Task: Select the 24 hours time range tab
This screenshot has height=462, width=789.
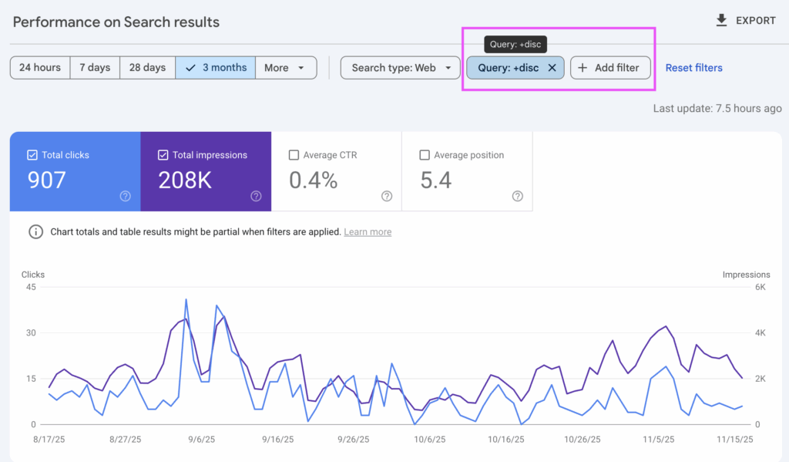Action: (x=40, y=68)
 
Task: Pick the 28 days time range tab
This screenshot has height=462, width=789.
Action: (x=147, y=68)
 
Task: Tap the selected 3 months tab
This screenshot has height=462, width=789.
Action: (x=216, y=68)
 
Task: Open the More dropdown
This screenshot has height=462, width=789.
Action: (x=285, y=68)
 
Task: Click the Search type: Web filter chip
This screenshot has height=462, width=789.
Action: (x=400, y=68)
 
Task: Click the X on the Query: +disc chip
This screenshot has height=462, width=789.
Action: (x=552, y=68)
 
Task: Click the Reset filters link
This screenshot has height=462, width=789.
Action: (x=693, y=68)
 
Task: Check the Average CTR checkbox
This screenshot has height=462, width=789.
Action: (x=294, y=155)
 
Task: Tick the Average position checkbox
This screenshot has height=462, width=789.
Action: (x=425, y=155)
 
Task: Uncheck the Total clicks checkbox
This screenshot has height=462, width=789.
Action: (x=32, y=155)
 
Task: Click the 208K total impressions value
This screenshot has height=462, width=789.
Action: (x=185, y=180)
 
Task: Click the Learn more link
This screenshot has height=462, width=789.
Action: (x=368, y=232)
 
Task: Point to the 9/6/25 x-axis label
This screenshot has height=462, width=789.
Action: (x=202, y=440)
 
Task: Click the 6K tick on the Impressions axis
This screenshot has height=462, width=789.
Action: (x=759, y=287)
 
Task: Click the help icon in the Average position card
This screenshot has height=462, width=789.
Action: (x=518, y=197)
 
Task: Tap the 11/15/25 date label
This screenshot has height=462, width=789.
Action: (x=734, y=440)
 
